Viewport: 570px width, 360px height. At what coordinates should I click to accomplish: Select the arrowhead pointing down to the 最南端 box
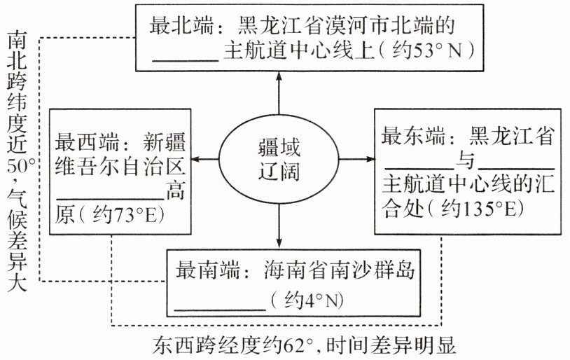[x=279, y=245]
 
